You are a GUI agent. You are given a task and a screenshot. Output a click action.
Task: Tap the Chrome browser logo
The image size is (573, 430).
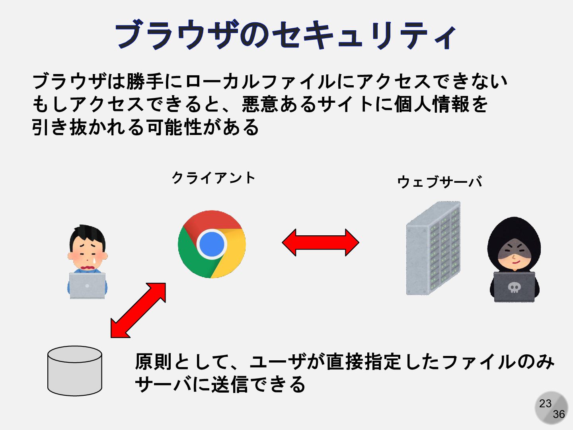pyautogui.click(x=212, y=244)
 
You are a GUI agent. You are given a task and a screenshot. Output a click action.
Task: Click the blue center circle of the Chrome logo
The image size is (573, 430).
pyautogui.click(x=212, y=244)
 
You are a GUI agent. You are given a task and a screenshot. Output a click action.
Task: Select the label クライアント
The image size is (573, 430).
pyautogui.click(x=213, y=178)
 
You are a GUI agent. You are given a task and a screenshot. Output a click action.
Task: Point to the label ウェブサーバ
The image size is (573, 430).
pyautogui.click(x=440, y=182)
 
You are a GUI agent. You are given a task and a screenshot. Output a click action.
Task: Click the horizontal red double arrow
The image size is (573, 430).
pyautogui.click(x=320, y=242)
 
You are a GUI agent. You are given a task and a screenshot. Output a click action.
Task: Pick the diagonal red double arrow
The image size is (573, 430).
pyautogui.click(x=138, y=310)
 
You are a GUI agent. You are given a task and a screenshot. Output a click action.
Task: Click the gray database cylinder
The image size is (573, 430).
pyautogui.click(x=75, y=371)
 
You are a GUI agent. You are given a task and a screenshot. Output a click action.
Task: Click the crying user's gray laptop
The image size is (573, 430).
pyautogui.click(x=87, y=285)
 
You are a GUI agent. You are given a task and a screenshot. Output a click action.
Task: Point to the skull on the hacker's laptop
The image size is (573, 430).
pyautogui.click(x=514, y=287)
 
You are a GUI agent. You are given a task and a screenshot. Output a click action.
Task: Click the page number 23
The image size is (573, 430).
pyautogui.click(x=545, y=403)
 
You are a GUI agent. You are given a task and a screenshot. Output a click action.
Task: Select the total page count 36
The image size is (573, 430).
pyautogui.click(x=559, y=414)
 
